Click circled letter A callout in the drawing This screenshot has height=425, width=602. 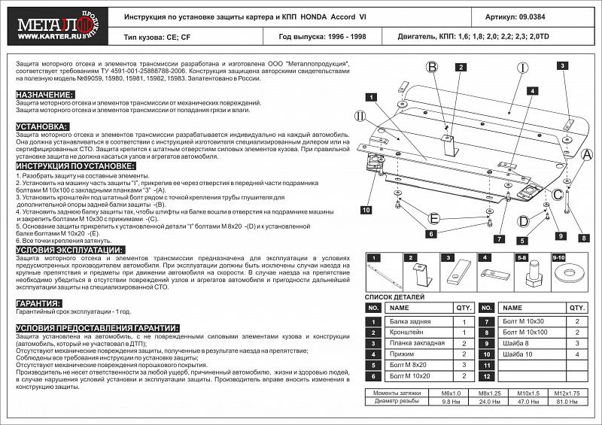coord(586,154)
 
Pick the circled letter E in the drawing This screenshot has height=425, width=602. coord(433,218)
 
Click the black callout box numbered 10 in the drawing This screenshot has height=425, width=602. coord(365,210)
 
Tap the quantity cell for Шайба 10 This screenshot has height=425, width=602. coord(577,353)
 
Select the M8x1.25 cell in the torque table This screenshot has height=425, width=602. coord(495,393)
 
